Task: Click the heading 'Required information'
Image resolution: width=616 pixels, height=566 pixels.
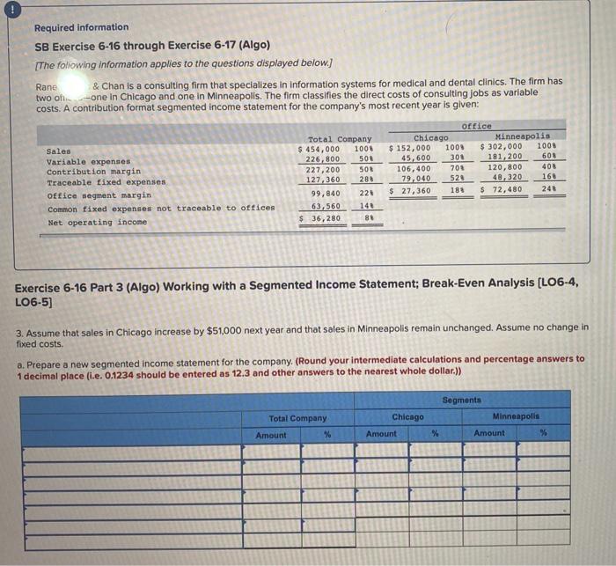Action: coord(81,27)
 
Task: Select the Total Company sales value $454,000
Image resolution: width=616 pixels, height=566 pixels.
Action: coord(319,148)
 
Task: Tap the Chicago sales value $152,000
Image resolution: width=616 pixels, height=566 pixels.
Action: coord(411,148)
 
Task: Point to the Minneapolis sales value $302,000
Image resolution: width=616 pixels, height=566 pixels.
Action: coord(501,147)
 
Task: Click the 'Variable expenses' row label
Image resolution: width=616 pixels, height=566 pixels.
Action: coord(88,162)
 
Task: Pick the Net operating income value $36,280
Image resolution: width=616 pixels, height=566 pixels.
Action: coord(319,218)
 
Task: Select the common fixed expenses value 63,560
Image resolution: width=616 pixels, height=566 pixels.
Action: coord(326,205)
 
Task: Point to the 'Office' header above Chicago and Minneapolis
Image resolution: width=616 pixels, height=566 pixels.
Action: coord(477,126)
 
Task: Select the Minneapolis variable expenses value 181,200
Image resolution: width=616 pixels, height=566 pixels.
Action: coord(505,157)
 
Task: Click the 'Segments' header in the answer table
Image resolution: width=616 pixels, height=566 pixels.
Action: coord(462,401)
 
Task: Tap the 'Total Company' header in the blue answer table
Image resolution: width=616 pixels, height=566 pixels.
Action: coord(297,418)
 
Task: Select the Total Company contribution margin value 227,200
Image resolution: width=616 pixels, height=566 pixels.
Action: coord(323,168)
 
